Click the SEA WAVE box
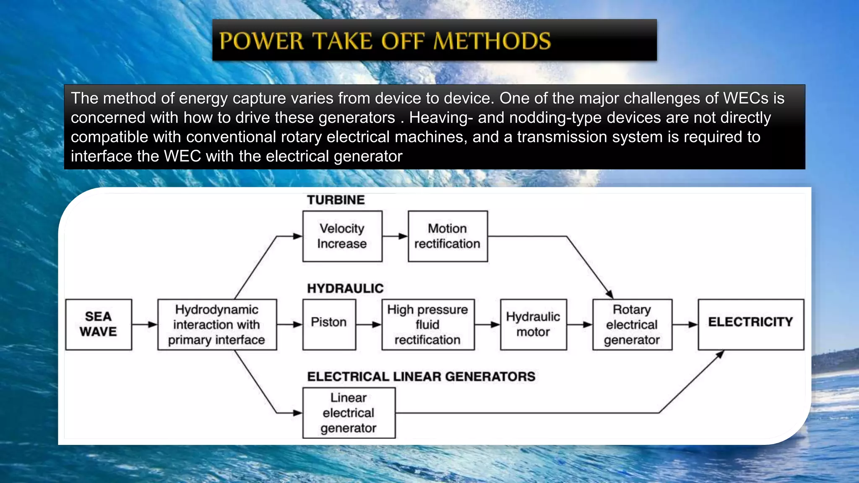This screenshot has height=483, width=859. [99, 324]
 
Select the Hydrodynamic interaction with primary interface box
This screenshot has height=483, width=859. [217, 324]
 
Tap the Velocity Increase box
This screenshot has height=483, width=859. [342, 236]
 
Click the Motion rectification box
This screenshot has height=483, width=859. [448, 236]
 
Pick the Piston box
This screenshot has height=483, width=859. [329, 324]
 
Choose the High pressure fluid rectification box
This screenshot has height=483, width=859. [428, 324]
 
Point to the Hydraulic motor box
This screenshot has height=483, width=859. [533, 324]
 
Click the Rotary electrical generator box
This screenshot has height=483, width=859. [632, 324]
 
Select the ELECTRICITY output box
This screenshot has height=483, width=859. [751, 324]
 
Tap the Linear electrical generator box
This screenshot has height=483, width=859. [349, 413]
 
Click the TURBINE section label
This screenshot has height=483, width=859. [336, 200]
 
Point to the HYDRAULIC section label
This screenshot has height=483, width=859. [345, 288]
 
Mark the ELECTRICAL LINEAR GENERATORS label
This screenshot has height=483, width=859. [421, 377]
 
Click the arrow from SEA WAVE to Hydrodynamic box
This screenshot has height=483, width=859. [145, 324]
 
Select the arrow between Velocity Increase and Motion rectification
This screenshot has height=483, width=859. [395, 236]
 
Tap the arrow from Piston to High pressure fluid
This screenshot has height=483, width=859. [369, 324]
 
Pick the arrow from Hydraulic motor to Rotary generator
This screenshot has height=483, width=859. [580, 324]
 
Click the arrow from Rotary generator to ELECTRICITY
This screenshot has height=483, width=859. [685, 324]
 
